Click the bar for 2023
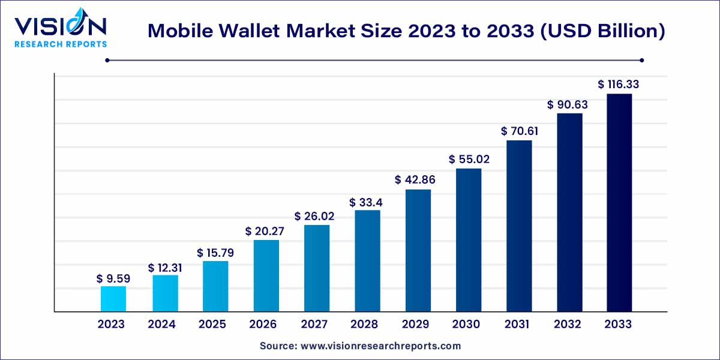point(113,299)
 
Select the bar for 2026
point(266,276)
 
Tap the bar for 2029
point(418,251)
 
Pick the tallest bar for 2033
point(619,203)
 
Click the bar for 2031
point(519,226)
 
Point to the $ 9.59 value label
point(113,278)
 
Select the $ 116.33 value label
point(619,85)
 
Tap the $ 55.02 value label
point(469,160)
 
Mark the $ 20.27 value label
point(266,232)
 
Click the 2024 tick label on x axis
point(162,325)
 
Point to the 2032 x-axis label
point(568,325)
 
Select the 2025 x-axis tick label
point(212,325)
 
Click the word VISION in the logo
point(60,25)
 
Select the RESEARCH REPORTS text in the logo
point(60,44)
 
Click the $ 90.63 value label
point(568,105)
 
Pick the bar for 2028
point(367,261)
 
